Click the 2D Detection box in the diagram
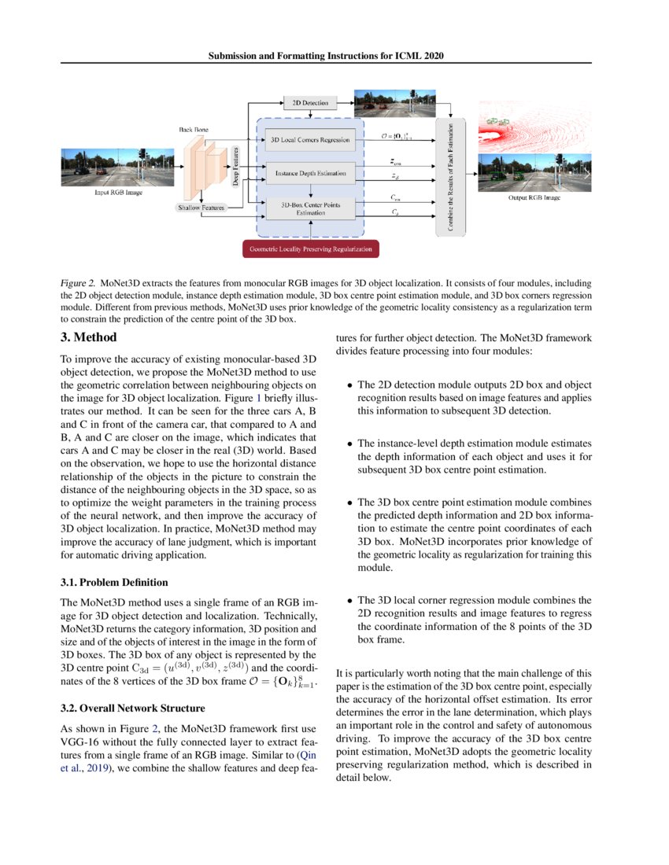click(309, 102)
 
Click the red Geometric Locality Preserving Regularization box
click(309, 249)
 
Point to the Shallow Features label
click(201, 208)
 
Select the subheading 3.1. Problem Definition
click(114, 583)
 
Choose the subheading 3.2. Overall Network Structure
click(132, 707)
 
